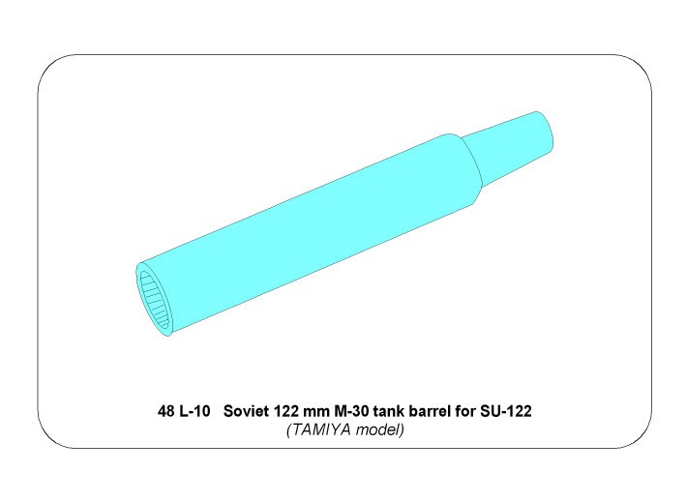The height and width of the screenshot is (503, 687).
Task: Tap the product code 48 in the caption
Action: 165,411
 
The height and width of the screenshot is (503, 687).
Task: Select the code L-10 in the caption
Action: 194,411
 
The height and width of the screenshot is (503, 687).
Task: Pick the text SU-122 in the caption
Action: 506,411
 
